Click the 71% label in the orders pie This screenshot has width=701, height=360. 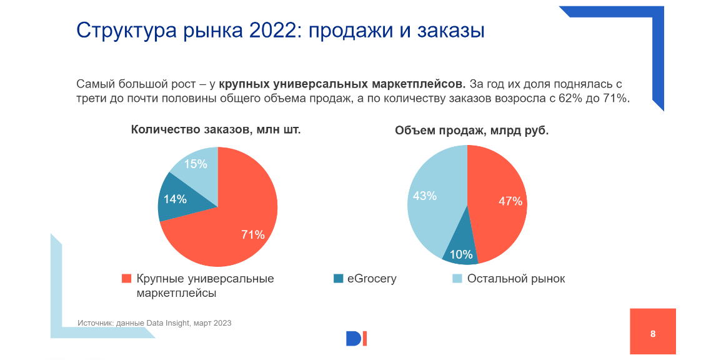253,235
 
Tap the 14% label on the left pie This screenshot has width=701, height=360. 175,199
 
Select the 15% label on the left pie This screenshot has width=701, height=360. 196,164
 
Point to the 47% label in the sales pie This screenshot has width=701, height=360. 510,201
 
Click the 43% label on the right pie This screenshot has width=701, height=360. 425,196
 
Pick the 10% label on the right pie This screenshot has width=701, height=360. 461,254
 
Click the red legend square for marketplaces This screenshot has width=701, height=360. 126,279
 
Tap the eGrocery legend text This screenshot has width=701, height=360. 372,279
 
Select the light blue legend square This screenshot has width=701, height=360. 457,279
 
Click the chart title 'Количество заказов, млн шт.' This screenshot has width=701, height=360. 216,130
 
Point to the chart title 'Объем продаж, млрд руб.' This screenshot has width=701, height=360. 472,131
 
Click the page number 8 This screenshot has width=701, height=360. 653,334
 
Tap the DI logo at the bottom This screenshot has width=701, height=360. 356,338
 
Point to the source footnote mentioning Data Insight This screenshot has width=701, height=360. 154,323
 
